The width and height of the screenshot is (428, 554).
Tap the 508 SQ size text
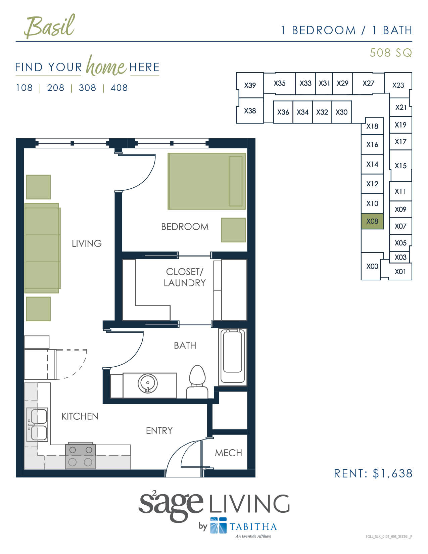[390, 53]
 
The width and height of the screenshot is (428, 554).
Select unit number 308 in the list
[87, 88]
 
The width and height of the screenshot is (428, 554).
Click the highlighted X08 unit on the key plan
[372, 221]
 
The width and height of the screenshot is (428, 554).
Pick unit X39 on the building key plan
[250, 85]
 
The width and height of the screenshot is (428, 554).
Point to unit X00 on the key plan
[372, 266]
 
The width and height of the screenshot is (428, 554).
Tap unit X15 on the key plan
[400, 166]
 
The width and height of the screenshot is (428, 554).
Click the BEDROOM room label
[185, 227]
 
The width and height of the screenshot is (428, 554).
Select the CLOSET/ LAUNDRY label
[185, 277]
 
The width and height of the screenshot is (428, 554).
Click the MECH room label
[228, 453]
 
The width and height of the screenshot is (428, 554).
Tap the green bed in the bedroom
[206, 181]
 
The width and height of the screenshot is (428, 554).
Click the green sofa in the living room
[42, 248]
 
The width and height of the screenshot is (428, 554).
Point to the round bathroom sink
[147, 383]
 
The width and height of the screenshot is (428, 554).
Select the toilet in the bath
[197, 381]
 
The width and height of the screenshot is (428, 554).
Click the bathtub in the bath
[233, 356]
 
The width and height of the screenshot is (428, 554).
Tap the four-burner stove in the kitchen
[80, 456]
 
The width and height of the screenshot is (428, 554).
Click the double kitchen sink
[38, 424]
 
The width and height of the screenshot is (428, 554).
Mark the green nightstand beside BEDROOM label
[233, 230]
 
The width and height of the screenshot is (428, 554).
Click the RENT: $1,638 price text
[373, 473]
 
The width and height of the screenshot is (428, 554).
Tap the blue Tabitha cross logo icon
[219, 525]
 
